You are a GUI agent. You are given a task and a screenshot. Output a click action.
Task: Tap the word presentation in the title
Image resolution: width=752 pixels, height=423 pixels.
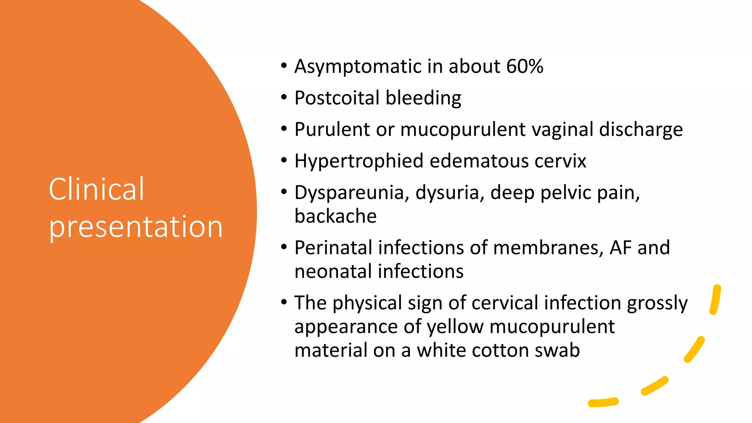pyautogui.click(x=136, y=227)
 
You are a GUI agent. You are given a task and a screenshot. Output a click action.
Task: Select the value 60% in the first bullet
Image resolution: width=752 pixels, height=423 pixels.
pyautogui.click(x=524, y=66)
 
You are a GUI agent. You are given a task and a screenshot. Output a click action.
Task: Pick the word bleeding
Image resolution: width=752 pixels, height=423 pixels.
pyautogui.click(x=423, y=98)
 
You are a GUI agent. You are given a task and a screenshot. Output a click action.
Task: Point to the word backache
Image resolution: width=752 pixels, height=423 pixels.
pyautogui.click(x=335, y=216)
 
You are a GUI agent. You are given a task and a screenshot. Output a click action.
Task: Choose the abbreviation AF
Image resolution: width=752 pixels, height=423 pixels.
pyautogui.click(x=621, y=248)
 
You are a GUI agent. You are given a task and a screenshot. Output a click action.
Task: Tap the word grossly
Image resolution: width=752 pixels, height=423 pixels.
pyautogui.click(x=657, y=304)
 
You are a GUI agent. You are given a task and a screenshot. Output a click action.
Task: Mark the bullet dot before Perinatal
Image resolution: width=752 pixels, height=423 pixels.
pyautogui.click(x=283, y=247)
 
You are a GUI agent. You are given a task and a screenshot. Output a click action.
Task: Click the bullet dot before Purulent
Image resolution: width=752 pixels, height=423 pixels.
pyautogui.click(x=283, y=129)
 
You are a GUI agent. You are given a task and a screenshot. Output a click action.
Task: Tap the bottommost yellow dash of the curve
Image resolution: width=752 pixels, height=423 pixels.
pyautogui.click(x=603, y=402)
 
